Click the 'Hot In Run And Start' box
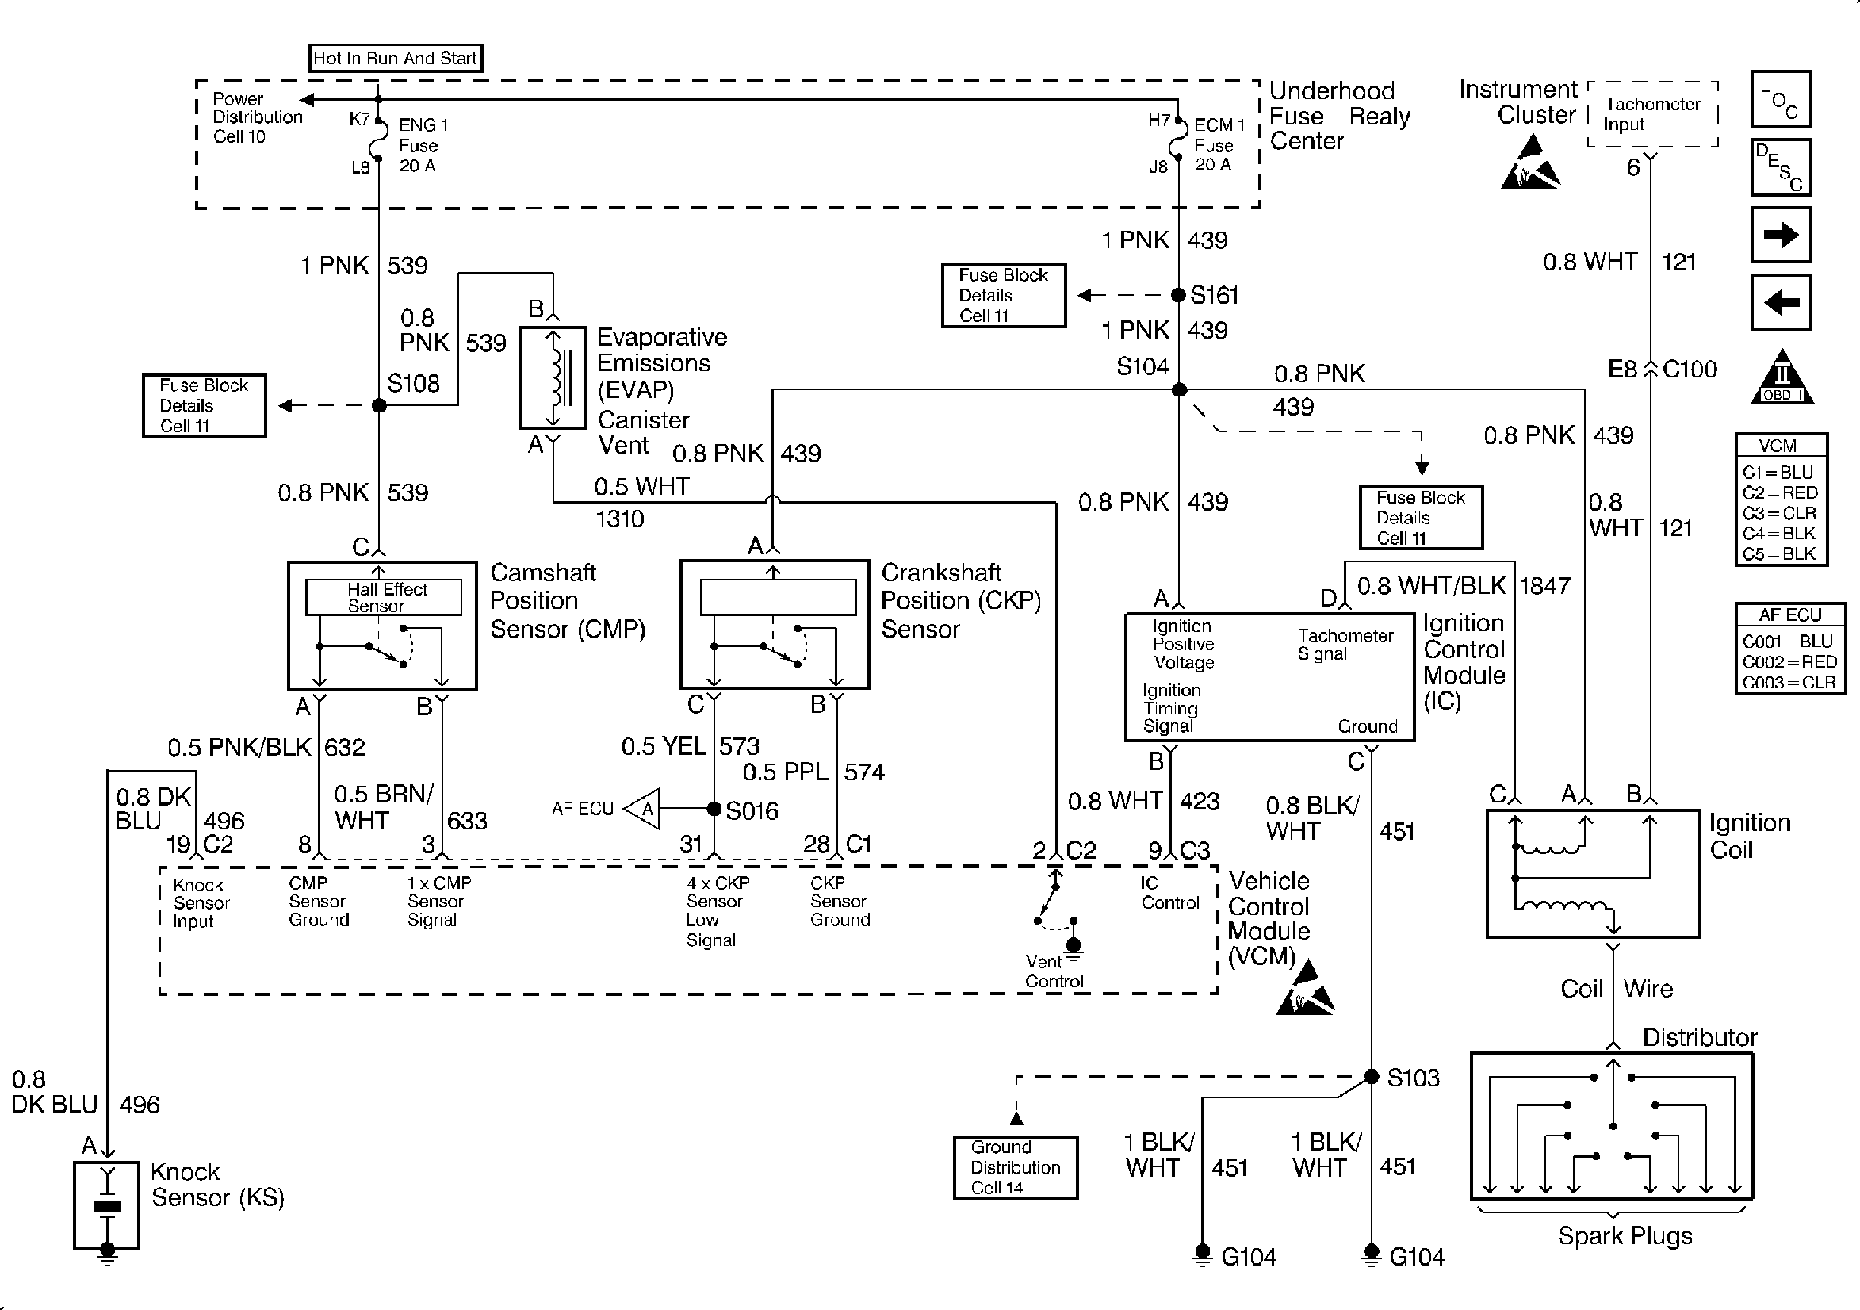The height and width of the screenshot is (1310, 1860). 396,59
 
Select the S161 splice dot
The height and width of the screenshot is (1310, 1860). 1179,295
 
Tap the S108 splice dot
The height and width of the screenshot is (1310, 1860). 379,405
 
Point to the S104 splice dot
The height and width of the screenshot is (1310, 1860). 1180,390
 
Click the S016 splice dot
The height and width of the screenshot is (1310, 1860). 714,809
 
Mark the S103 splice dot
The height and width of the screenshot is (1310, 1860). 1372,1077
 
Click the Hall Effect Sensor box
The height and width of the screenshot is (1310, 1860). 383,597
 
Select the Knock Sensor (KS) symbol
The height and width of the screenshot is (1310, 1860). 107,1205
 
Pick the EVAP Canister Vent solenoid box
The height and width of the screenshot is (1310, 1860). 553,377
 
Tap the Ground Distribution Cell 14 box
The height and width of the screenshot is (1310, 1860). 1015,1167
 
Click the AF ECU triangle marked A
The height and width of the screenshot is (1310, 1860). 645,809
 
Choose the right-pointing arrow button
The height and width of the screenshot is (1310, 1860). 1781,235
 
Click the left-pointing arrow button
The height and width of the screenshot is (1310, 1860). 1781,303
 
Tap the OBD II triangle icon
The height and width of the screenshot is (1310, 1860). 1782,378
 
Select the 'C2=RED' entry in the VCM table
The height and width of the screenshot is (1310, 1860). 1780,492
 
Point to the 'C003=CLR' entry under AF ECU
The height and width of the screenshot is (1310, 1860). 1789,682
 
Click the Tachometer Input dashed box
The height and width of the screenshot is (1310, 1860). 1652,114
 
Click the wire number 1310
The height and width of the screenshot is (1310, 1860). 620,519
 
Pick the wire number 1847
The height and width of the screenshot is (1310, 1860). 1544,586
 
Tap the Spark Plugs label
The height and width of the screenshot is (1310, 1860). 1625,1235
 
